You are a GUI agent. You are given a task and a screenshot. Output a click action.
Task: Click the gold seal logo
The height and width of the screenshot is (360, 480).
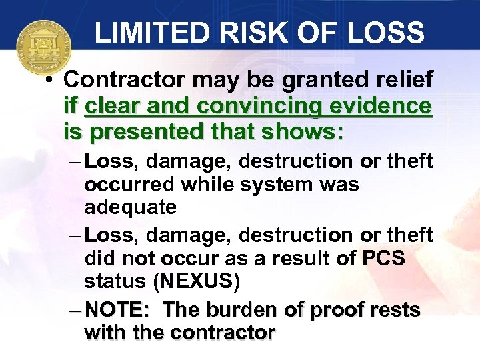(43, 49)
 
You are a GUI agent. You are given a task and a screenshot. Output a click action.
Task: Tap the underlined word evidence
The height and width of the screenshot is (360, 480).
(389, 106)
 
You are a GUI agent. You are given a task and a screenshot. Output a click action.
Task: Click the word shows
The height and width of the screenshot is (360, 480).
(309, 132)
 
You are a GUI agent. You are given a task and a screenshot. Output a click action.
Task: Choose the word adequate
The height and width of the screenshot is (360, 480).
(130, 207)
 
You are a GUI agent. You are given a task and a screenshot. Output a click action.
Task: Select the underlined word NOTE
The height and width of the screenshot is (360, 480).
(113, 309)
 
